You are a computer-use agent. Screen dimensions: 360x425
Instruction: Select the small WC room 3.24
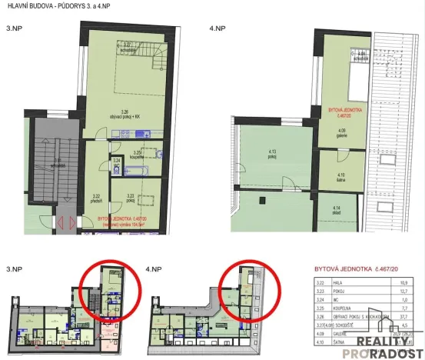[x=117, y=162]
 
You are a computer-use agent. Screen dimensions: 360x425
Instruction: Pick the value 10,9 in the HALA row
[x=408, y=284]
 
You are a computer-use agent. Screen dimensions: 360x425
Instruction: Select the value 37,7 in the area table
[x=408, y=315]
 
